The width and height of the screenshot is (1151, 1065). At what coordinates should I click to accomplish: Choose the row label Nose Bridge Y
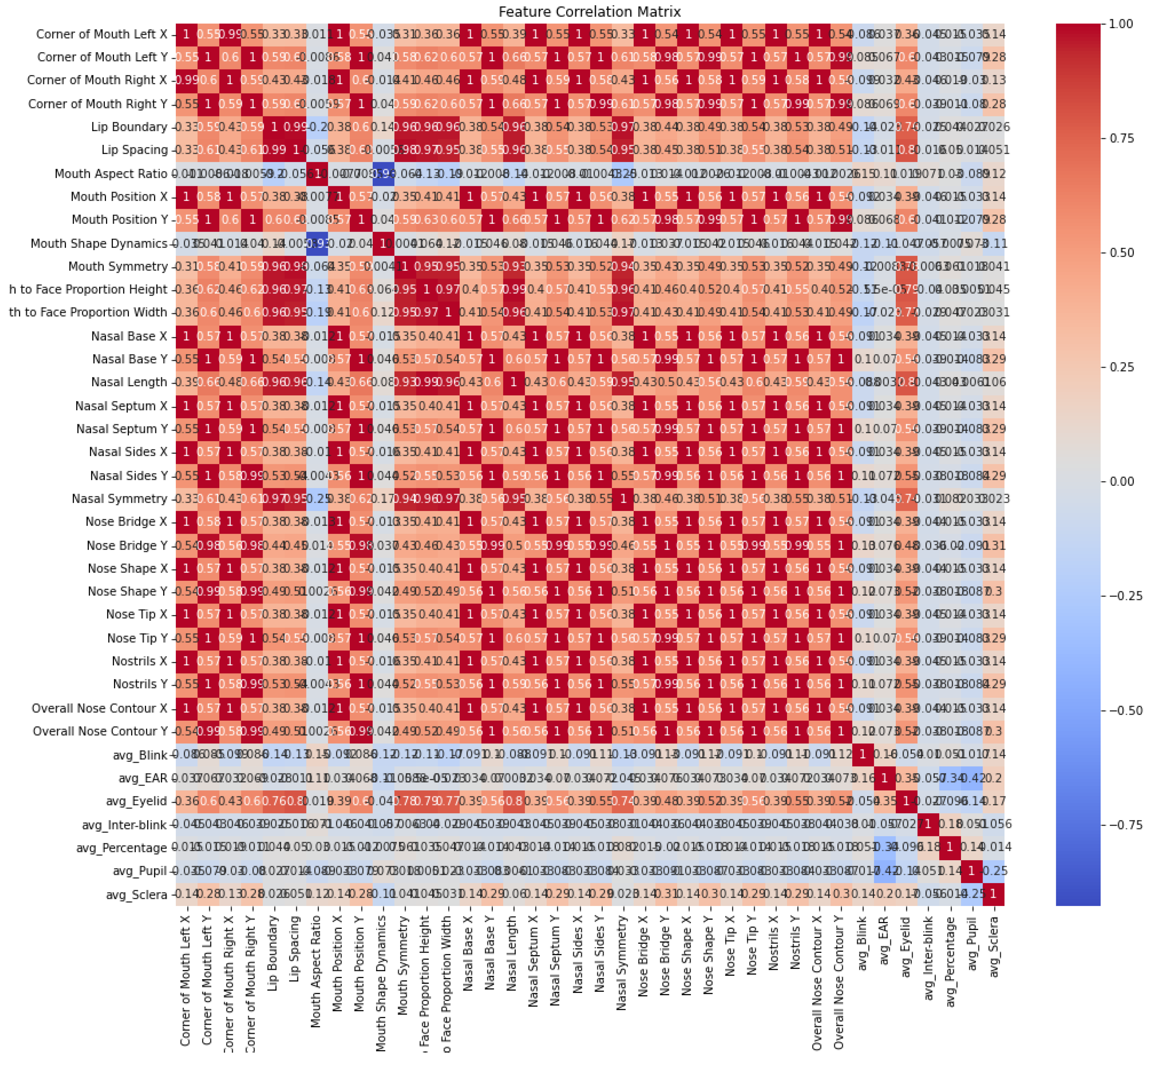pyautogui.click(x=127, y=545)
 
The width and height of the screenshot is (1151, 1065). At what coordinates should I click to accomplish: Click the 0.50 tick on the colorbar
pyautogui.click(x=1121, y=252)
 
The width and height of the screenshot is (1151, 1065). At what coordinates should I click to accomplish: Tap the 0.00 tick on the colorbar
pyautogui.click(x=1121, y=481)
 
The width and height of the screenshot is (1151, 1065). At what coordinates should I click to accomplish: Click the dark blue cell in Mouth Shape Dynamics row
pyautogui.click(x=316, y=243)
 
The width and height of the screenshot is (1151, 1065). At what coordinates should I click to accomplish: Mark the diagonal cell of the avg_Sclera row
pyautogui.click(x=993, y=895)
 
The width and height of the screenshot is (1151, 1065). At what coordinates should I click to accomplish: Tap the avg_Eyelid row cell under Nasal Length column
pyautogui.click(x=511, y=801)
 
